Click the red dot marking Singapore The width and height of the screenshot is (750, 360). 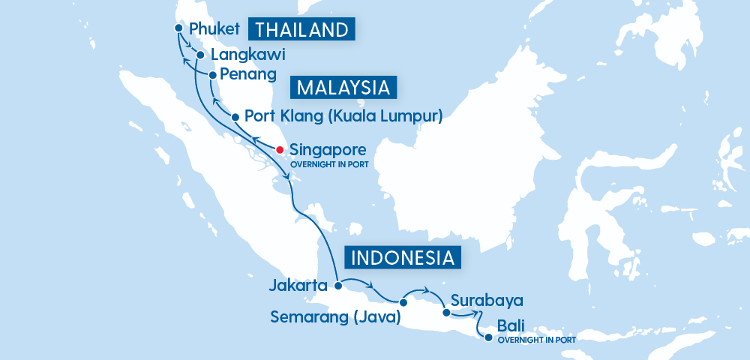click(279, 149)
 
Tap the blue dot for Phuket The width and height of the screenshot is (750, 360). click(178, 28)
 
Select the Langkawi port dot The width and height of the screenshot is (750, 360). click(200, 55)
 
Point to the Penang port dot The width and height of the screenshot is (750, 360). click(213, 75)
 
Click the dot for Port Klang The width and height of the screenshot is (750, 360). click(235, 117)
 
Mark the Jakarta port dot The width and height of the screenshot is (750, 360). click(338, 285)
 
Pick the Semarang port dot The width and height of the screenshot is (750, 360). click(403, 303)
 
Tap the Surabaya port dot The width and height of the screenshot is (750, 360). click(446, 313)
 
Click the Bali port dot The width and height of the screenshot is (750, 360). click(488, 337)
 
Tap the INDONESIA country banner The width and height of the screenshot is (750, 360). click(403, 258)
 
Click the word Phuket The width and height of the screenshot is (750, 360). click(214, 29)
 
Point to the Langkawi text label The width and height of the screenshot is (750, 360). click(248, 55)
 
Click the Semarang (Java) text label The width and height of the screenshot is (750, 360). click(334, 318)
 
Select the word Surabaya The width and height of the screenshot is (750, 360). click(487, 301)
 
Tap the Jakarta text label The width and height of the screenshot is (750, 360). click(299, 286)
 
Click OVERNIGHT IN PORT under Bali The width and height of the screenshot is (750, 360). click(536, 340)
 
